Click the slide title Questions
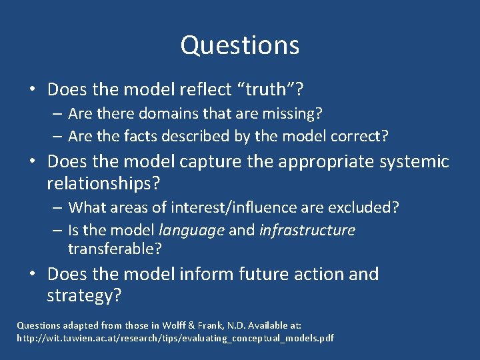click(x=239, y=45)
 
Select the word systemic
click(x=413, y=162)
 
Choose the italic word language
click(x=192, y=231)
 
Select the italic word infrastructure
click(x=307, y=231)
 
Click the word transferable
click(x=114, y=249)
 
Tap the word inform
click(x=213, y=274)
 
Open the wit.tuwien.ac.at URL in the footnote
click(x=175, y=339)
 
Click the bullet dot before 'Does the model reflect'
click(x=32, y=89)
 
